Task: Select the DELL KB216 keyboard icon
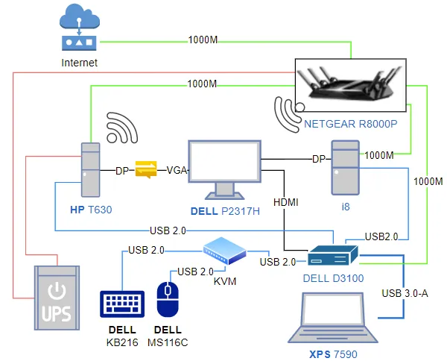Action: point(121,304)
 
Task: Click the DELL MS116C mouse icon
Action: point(168,298)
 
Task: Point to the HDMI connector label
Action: point(286,201)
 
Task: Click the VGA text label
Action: point(176,170)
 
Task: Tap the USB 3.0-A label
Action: point(405,292)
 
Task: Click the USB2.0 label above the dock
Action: point(381,236)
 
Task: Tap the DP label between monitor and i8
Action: point(318,159)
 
